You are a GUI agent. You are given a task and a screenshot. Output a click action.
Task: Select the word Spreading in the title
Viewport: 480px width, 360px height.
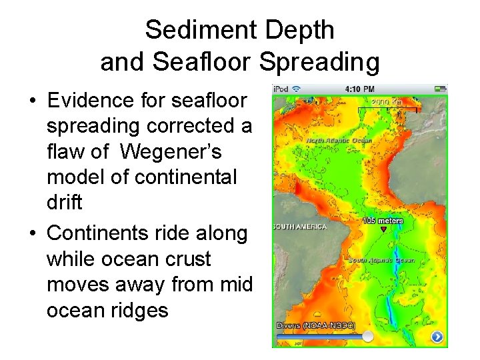pyautogui.click(x=319, y=62)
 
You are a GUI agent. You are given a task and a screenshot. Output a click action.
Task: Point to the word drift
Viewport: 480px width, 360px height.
pyautogui.click(x=64, y=203)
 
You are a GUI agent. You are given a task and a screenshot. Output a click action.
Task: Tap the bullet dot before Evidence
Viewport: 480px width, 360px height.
pyautogui.click(x=32, y=101)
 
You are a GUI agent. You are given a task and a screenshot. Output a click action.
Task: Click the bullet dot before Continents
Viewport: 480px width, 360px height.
pyautogui.click(x=32, y=234)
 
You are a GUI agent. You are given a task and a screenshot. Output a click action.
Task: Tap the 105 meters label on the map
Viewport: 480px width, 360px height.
pyautogui.click(x=383, y=221)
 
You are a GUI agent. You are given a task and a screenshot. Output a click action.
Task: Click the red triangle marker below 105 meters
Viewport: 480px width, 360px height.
pyautogui.click(x=383, y=229)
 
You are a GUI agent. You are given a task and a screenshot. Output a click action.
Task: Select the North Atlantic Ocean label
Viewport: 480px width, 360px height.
pyautogui.click(x=339, y=141)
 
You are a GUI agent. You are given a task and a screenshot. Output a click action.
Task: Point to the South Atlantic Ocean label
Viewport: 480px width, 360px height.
pyautogui.click(x=382, y=260)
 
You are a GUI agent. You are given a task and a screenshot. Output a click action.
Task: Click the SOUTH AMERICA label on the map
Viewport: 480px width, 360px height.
pyautogui.click(x=300, y=227)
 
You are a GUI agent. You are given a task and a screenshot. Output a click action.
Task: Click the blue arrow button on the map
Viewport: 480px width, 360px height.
pyautogui.click(x=437, y=337)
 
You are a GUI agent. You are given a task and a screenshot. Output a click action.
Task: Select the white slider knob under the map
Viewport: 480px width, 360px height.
pyautogui.click(x=367, y=337)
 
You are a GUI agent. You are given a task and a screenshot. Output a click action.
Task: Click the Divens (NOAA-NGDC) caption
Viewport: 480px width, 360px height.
pyautogui.click(x=315, y=325)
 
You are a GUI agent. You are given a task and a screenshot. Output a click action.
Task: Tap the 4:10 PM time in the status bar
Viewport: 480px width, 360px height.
pyautogui.click(x=359, y=89)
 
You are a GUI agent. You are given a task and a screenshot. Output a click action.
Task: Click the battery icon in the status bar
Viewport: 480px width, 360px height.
pyautogui.click(x=439, y=89)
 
